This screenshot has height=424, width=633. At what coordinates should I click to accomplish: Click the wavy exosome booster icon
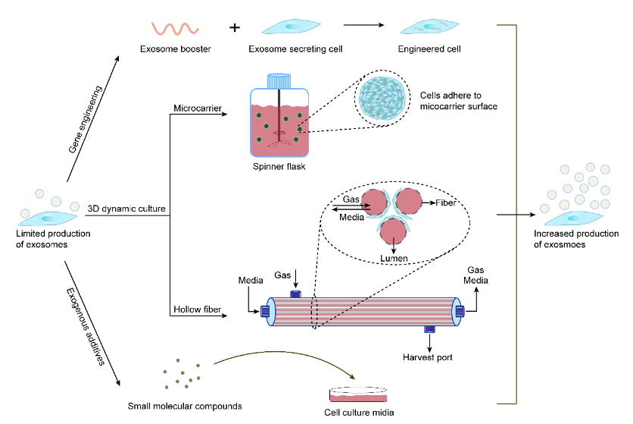tap(175, 29)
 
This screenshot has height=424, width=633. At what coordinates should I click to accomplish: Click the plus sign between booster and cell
tap(235, 27)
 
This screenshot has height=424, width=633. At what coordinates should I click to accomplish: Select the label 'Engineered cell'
tap(429, 49)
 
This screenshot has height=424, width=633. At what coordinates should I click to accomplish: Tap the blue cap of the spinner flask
tap(279, 81)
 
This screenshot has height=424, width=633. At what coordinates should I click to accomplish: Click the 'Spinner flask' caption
tap(279, 166)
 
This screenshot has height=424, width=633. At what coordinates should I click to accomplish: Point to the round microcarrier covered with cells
tap(382, 99)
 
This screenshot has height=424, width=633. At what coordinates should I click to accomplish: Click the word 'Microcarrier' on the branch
tap(198, 108)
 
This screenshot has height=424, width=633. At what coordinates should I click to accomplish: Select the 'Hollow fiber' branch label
tap(197, 309)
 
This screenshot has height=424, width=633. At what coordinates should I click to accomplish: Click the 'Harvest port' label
tap(428, 357)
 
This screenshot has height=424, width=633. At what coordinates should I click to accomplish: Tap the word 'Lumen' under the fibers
tap(394, 258)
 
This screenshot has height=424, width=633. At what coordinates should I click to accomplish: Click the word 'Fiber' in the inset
tap(446, 203)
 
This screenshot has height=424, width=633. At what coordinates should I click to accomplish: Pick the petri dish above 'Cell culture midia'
tap(358, 394)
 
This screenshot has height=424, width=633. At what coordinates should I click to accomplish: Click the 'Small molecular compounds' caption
tap(185, 406)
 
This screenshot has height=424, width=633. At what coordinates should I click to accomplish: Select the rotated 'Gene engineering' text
tap(85, 119)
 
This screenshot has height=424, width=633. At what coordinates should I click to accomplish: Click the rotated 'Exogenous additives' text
tap(85, 326)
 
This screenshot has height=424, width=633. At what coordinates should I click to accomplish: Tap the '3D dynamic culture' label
tap(126, 209)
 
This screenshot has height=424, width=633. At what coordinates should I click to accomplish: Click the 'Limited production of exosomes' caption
tap(53, 239)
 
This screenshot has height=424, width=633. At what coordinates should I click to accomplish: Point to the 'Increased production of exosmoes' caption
tap(576, 239)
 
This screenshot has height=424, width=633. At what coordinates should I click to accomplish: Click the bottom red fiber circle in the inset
tap(393, 231)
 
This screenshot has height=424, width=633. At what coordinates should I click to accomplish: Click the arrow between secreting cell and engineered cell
tap(363, 25)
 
